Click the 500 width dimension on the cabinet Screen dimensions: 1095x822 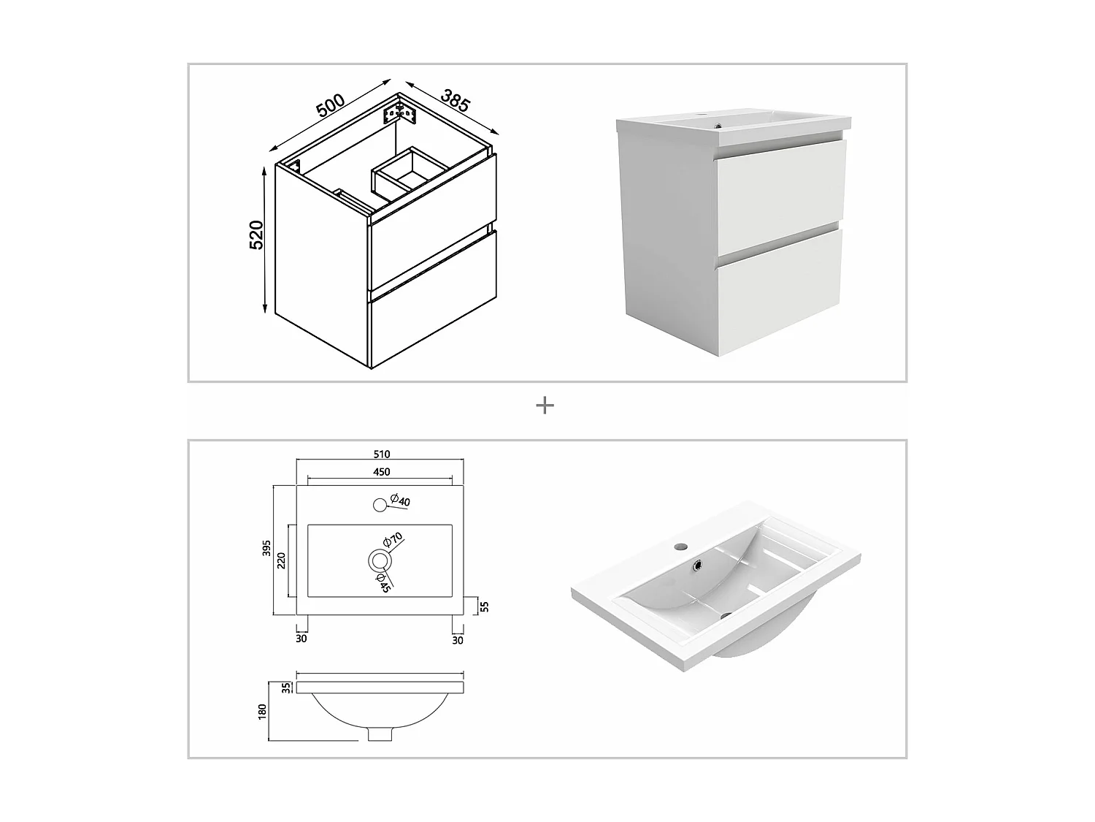tap(330, 105)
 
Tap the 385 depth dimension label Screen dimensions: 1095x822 tap(455, 100)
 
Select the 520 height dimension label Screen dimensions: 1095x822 tap(256, 235)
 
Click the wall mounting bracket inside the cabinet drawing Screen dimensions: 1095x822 tap(399, 114)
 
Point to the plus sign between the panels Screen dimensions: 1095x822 tap(545, 406)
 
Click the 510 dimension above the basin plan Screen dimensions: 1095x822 tap(381, 454)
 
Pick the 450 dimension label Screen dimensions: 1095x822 tap(381, 471)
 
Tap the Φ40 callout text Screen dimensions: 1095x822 tap(399, 500)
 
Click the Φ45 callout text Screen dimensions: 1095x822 tap(383, 582)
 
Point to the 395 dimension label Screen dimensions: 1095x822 tap(267, 547)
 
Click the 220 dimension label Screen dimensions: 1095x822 tap(281, 560)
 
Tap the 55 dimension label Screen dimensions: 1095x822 tap(485, 606)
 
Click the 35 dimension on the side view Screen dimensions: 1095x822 tap(286, 688)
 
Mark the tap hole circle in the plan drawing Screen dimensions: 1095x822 tap(380, 505)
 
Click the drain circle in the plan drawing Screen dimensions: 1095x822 tap(380, 561)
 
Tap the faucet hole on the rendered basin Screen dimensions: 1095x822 tap(678, 546)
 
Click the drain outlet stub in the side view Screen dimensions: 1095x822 tap(380, 733)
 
